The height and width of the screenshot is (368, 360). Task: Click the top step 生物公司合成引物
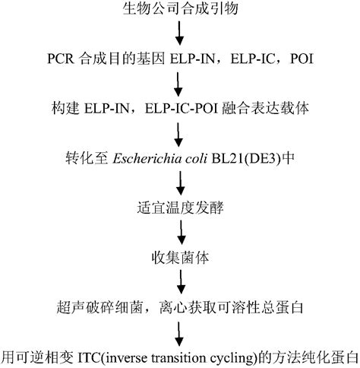coord(179,9)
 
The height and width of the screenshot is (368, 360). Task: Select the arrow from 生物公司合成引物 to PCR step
coord(179,33)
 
